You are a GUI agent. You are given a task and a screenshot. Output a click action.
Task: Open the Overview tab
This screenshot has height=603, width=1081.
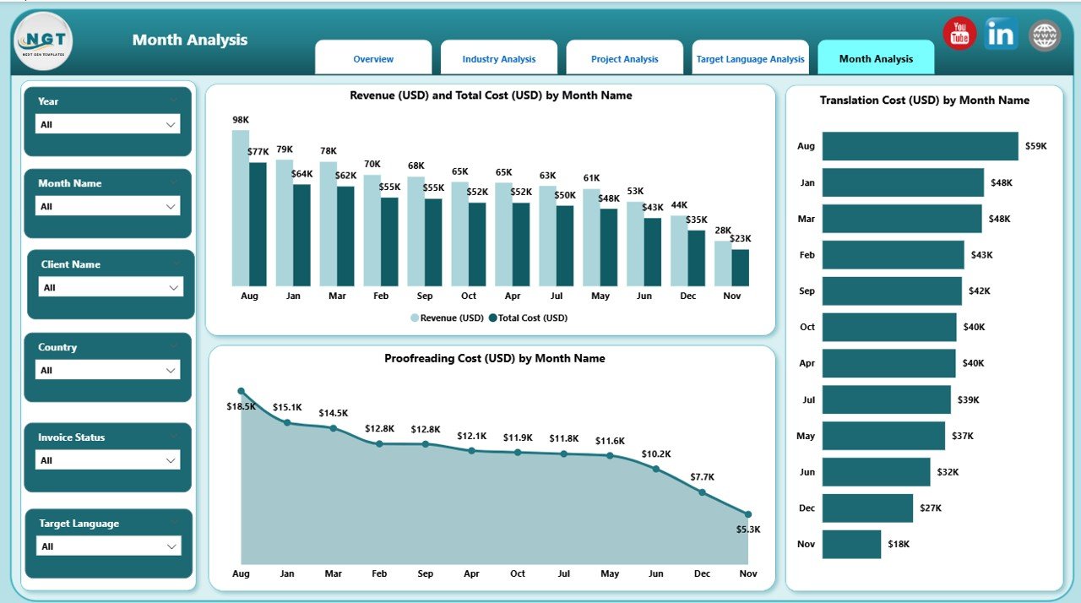(x=373, y=59)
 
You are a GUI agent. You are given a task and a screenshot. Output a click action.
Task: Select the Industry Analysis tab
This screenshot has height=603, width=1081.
(x=498, y=59)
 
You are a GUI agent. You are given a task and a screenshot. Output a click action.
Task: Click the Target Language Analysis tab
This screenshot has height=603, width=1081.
(x=750, y=59)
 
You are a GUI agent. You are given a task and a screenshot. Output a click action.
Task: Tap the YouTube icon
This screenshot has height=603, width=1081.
(x=959, y=34)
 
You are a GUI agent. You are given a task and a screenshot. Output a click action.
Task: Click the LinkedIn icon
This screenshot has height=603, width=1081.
(x=1002, y=35)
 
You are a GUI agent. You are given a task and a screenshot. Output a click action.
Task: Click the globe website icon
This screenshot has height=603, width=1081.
(x=1045, y=35)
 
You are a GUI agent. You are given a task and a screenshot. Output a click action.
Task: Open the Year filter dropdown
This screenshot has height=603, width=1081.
(x=108, y=124)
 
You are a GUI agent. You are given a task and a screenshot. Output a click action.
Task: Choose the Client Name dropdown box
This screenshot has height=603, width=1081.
(x=111, y=287)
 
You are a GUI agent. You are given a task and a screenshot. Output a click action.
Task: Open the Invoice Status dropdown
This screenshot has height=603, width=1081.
(x=108, y=460)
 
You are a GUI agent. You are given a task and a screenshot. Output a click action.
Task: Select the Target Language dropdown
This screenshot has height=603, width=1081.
(x=108, y=546)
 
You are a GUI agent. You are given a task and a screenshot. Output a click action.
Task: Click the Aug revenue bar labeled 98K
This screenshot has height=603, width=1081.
(x=241, y=208)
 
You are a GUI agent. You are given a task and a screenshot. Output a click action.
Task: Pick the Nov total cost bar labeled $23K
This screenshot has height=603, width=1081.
(x=740, y=267)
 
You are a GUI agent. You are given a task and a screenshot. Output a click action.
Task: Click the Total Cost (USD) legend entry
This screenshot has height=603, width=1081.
(x=532, y=318)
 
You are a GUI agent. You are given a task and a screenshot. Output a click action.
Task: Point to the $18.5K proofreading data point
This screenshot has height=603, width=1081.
(x=242, y=392)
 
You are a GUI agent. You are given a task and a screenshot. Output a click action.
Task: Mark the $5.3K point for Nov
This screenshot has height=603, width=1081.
(x=748, y=513)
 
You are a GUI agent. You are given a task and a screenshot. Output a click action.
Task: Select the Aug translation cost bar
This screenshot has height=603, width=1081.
(x=920, y=146)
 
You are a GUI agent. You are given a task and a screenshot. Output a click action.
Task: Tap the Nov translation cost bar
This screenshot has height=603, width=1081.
(x=851, y=544)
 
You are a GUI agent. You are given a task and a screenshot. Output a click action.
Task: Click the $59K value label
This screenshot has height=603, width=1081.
(x=1035, y=146)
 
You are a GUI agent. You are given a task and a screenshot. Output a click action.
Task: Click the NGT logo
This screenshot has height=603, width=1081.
(x=43, y=41)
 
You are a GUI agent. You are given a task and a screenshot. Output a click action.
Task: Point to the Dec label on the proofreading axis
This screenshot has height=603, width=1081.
(x=702, y=573)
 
